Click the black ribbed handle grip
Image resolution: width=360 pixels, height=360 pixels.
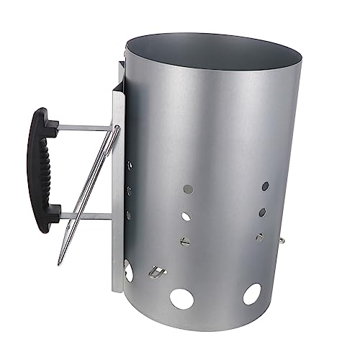(x=40, y=170)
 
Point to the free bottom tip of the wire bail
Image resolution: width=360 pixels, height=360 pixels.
(x=60, y=262)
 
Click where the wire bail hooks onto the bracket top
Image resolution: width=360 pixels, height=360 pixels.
(x=116, y=127)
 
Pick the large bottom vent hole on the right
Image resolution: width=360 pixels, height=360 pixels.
(x=251, y=293)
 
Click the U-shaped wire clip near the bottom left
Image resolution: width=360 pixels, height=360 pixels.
(x=154, y=272)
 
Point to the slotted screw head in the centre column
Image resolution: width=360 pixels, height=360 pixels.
(x=185, y=240)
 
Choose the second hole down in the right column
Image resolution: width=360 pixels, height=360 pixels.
(x=263, y=212)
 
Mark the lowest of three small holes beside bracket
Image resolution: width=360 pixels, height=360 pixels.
(x=129, y=215)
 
